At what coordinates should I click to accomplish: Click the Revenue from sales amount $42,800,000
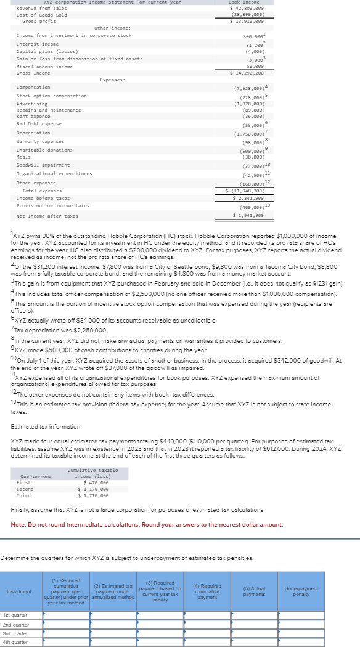(x=247, y=9)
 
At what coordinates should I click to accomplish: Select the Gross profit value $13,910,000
(x=247, y=21)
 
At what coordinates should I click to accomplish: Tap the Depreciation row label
(x=33, y=133)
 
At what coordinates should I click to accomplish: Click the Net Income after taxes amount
(x=248, y=216)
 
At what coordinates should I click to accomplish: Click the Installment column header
(x=19, y=591)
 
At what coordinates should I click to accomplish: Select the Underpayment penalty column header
(x=318, y=591)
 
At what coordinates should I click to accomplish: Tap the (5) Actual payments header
(x=254, y=591)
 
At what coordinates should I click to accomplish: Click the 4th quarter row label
(x=15, y=642)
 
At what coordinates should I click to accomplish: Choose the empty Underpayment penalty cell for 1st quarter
(x=318, y=616)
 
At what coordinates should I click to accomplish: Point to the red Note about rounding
(x=147, y=524)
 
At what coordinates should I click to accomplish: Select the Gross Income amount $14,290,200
(x=247, y=73)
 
